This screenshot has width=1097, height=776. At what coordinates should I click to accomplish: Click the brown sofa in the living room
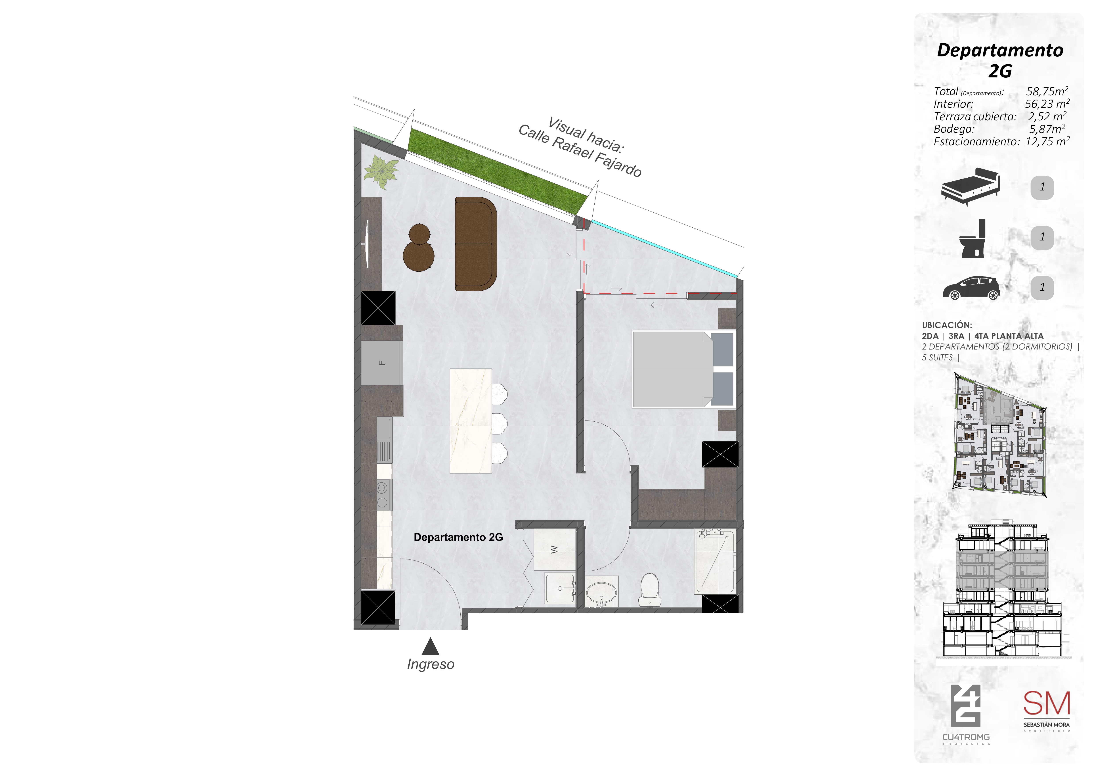click(475, 244)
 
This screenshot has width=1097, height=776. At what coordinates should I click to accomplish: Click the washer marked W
click(554, 549)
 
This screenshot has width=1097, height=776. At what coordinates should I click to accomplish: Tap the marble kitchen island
click(471, 421)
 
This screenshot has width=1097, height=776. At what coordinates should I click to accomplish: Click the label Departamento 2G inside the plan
click(458, 537)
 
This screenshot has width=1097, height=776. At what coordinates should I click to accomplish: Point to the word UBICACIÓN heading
click(947, 325)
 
